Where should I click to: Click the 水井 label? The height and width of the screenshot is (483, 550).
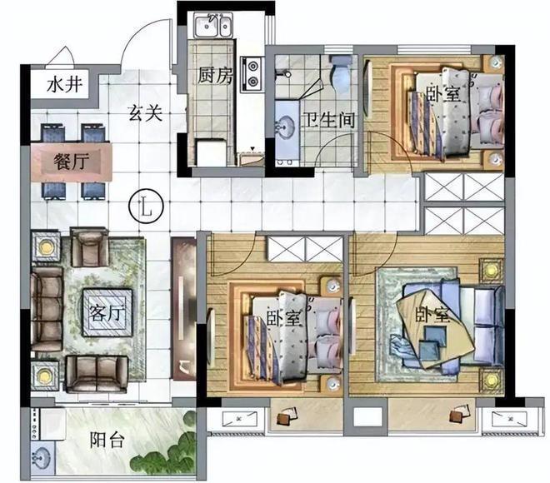click(x=65, y=84)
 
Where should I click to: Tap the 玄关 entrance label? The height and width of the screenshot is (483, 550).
click(x=145, y=113)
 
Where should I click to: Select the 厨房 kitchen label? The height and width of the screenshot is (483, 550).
click(x=215, y=75)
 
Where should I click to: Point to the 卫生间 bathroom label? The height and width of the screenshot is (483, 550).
click(x=329, y=120)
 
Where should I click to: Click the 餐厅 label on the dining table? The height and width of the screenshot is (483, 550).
click(x=71, y=162)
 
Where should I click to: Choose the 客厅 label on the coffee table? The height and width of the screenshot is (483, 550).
click(x=107, y=313)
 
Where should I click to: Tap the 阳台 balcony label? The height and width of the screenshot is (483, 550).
click(x=107, y=440)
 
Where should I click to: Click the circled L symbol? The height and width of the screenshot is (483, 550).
click(x=147, y=207)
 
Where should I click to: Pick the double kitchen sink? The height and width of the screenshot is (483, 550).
click(x=213, y=24)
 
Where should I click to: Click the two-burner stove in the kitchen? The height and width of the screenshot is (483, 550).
click(x=252, y=74)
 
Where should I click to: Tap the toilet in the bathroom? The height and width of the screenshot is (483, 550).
click(x=340, y=73)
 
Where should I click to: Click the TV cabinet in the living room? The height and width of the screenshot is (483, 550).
click(x=183, y=308)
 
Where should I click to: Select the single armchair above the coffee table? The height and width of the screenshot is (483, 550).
click(x=89, y=246)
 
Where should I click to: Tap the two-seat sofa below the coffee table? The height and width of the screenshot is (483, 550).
click(x=97, y=374)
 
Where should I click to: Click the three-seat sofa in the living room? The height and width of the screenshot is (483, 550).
click(x=47, y=309)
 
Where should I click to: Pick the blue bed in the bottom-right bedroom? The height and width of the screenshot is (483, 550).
click(x=449, y=325)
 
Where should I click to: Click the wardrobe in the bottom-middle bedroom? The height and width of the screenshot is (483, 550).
click(x=304, y=248)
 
